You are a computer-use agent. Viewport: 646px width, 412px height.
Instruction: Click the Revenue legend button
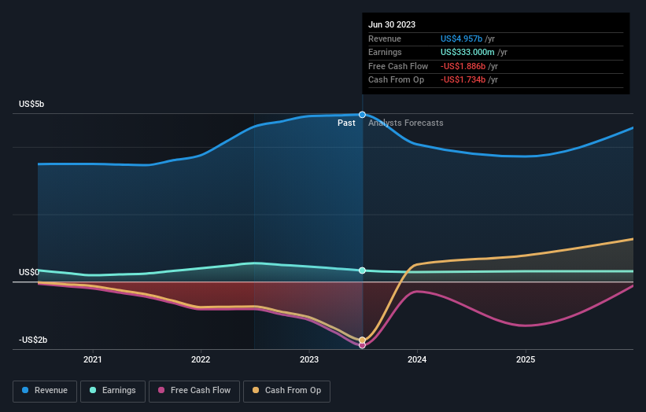tap(45, 390)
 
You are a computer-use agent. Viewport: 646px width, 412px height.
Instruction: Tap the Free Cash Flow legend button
tap(192, 390)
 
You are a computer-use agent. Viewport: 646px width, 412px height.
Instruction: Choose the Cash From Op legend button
tap(288, 390)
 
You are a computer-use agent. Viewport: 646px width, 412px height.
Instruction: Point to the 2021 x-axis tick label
tap(93, 359)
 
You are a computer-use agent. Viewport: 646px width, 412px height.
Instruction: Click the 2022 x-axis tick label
tap(201, 359)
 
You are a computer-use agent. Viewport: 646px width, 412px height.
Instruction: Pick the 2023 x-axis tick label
tap(309, 359)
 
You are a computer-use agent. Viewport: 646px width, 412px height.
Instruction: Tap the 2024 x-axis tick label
tap(417, 359)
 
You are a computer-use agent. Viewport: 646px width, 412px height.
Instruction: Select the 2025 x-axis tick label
tap(526, 359)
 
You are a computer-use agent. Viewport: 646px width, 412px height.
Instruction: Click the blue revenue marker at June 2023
tap(363, 115)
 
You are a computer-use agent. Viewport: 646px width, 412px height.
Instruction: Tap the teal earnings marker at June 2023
tap(363, 270)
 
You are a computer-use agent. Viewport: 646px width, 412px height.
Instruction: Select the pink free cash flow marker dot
tap(363, 345)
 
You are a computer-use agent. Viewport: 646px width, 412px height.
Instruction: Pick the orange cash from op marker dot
tap(363, 340)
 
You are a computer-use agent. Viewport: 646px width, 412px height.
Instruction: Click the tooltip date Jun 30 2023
tap(391, 24)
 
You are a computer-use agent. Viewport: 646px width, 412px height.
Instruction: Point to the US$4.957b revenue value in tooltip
tap(467, 39)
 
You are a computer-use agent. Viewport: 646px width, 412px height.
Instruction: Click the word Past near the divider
tap(346, 123)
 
